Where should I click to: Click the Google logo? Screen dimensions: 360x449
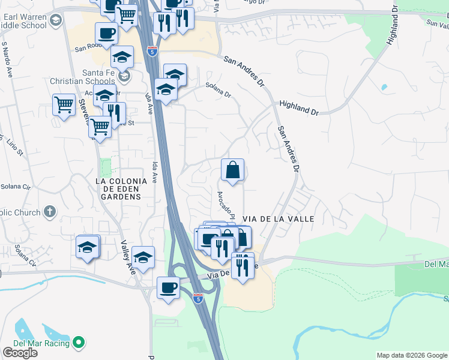20,352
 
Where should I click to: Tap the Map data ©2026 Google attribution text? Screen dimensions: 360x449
411,355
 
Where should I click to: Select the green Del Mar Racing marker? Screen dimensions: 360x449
78,343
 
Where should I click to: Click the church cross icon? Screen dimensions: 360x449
49,212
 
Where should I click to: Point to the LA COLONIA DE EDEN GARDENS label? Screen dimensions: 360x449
122,188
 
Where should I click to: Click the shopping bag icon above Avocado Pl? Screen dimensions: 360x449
232,170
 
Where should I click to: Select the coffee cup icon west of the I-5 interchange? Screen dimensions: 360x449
168,287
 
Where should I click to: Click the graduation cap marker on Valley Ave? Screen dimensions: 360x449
143,258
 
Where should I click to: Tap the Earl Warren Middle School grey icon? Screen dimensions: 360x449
56,21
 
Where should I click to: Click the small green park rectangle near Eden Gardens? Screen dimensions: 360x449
106,168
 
